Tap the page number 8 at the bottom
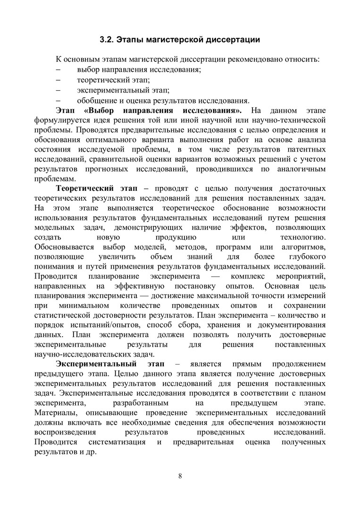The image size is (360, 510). (x=180, y=475)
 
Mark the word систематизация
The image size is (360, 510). (x=117, y=442)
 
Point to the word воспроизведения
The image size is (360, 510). (x=66, y=432)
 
